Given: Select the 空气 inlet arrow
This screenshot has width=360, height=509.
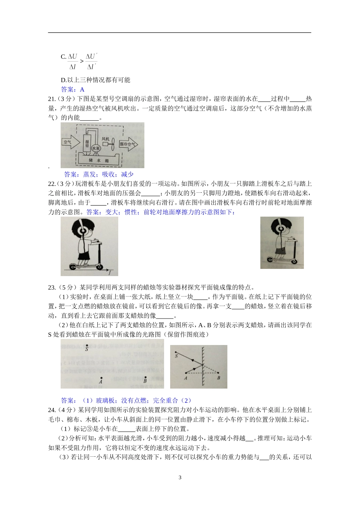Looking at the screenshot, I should (x=70, y=142).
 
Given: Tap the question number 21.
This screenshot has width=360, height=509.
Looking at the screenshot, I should (x=52, y=99).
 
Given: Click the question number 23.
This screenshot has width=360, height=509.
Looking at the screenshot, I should (x=52, y=287).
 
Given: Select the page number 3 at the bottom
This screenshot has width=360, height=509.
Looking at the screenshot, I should (x=180, y=477).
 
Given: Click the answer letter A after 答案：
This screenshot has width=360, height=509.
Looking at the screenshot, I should (x=82, y=89).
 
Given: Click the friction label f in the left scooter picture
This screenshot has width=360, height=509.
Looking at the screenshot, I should (x=110, y=272).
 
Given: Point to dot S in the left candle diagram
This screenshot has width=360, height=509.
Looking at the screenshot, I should (x=87, y=346).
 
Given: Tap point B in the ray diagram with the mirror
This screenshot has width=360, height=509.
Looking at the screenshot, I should (x=218, y=373).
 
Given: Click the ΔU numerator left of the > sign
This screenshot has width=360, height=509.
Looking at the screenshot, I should (x=72, y=57).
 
